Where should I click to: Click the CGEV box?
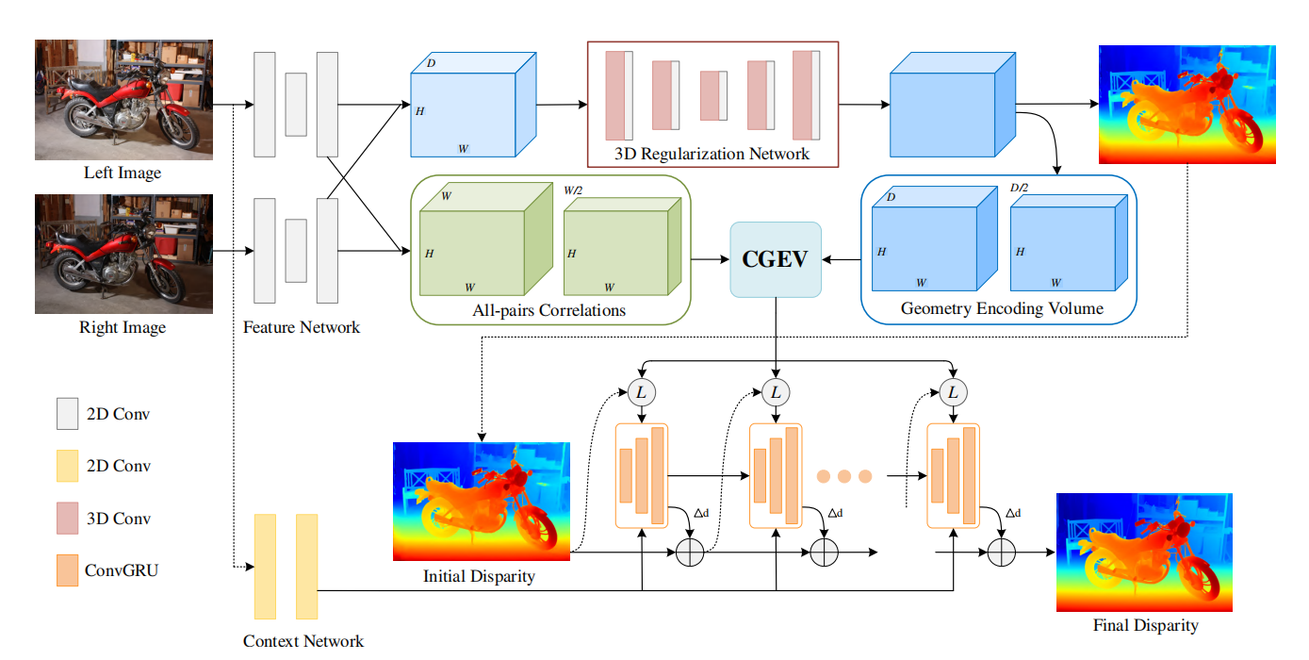776,259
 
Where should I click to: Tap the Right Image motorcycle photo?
123,255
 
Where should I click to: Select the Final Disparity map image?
1144,553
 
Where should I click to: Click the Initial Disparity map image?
482,502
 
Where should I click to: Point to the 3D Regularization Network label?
712,154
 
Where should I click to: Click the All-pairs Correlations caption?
550,309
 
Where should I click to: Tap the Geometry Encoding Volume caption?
1002,308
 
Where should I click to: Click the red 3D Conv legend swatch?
67,519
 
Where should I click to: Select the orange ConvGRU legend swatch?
67,570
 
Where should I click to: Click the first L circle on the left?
641,391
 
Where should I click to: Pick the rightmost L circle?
953,391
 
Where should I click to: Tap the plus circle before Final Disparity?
1002,553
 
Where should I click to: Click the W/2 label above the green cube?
572,190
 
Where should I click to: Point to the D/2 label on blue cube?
1019,188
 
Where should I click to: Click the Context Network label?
303,641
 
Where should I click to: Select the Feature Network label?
301,328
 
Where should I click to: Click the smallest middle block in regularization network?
713,95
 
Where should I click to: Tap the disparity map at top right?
1186,104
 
